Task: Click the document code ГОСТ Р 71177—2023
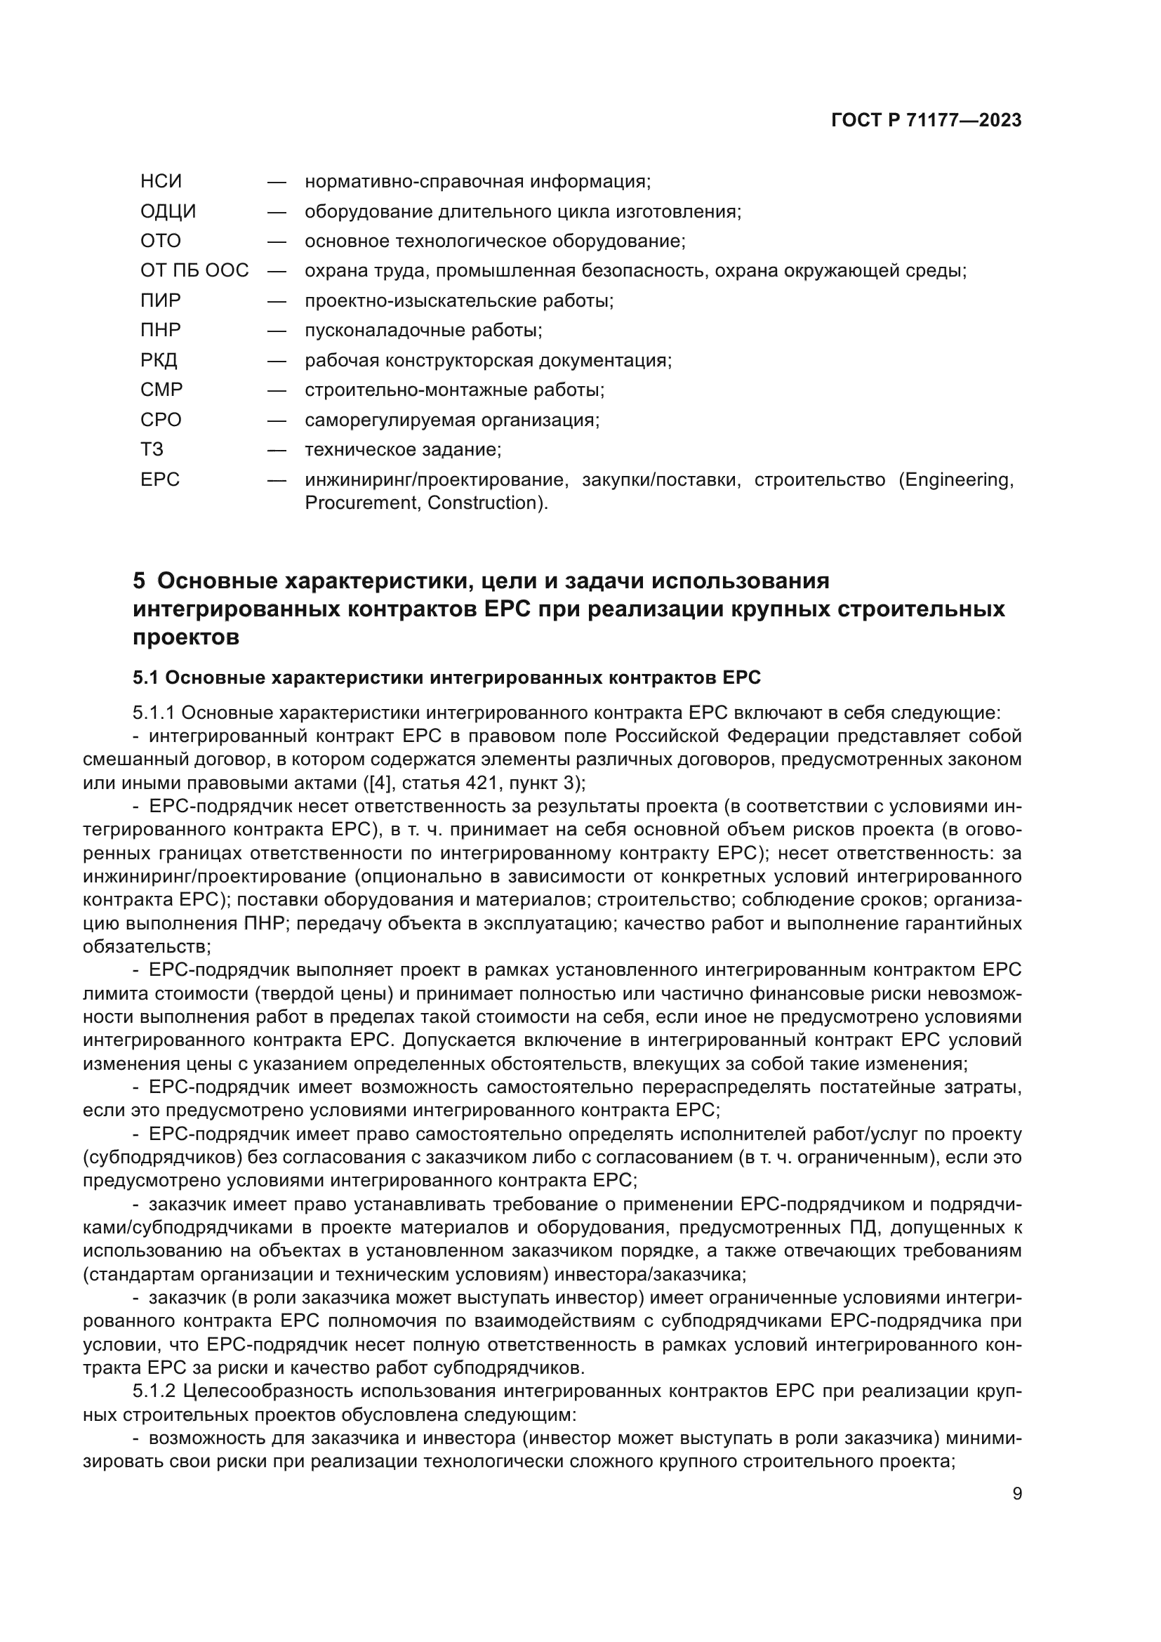coord(926,120)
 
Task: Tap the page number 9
coord(1016,1493)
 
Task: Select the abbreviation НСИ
coord(161,182)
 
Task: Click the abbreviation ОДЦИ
coord(168,212)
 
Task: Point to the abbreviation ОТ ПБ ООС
coord(194,271)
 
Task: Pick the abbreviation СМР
coord(161,390)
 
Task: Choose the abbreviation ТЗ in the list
coord(152,449)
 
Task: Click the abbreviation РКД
coord(159,359)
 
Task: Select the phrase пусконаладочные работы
coord(423,331)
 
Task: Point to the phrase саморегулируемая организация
coord(451,420)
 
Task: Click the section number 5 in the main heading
coord(139,581)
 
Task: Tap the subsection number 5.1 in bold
coord(146,677)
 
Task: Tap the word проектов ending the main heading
coord(186,637)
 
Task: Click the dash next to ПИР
coord(277,301)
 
